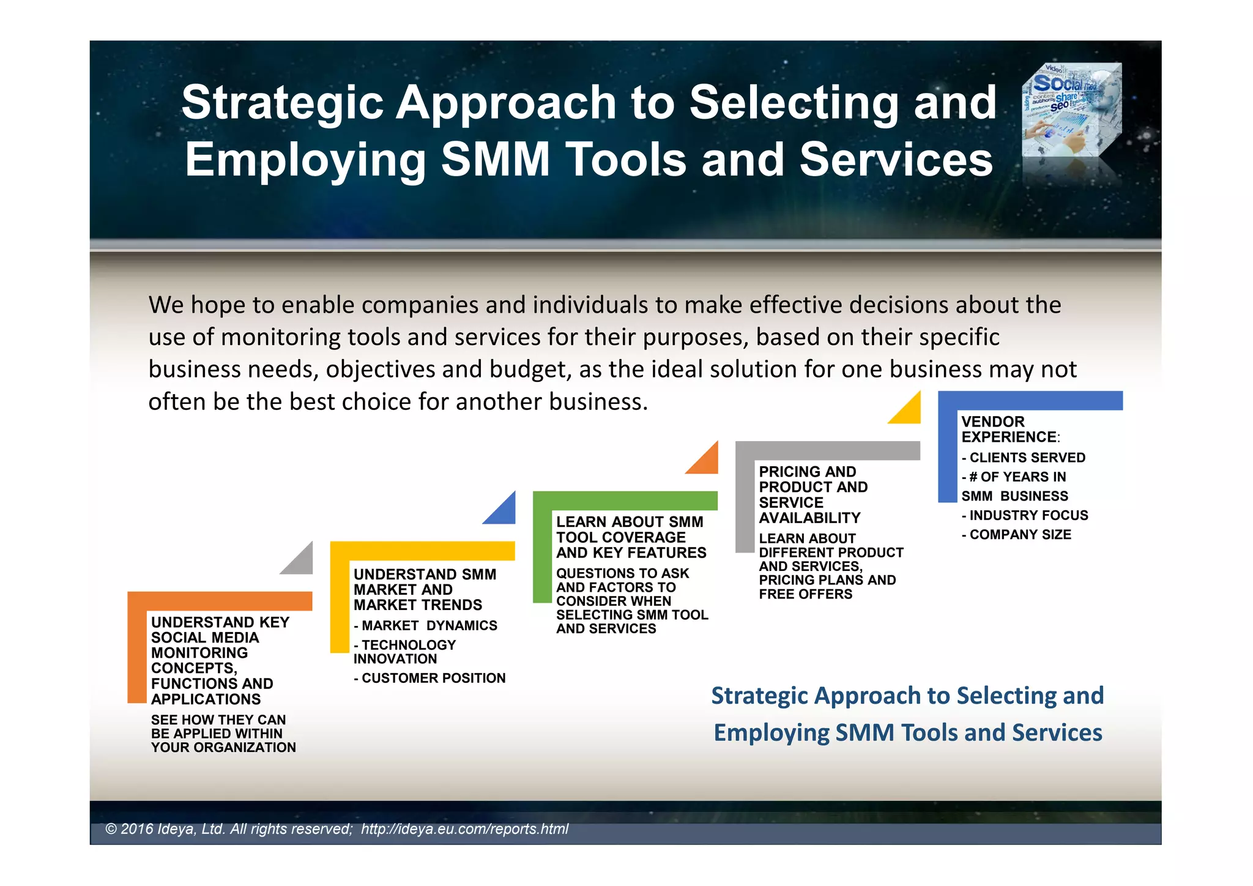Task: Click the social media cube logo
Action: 1072,110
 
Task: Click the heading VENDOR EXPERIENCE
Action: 1008,429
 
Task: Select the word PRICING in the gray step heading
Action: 787,472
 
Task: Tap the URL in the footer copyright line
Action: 464,829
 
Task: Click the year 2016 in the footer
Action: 137,829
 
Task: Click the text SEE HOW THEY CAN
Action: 218,720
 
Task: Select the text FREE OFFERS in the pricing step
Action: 805,594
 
